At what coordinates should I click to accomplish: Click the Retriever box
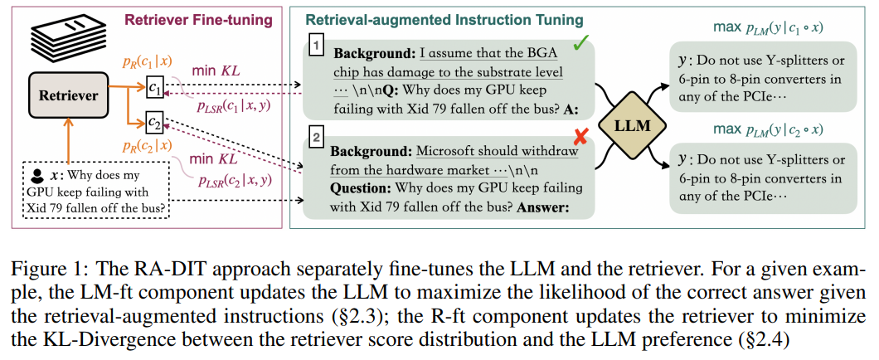68,95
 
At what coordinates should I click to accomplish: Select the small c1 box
158,85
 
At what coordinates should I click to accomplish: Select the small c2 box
155,124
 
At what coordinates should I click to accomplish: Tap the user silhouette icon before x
36,176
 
